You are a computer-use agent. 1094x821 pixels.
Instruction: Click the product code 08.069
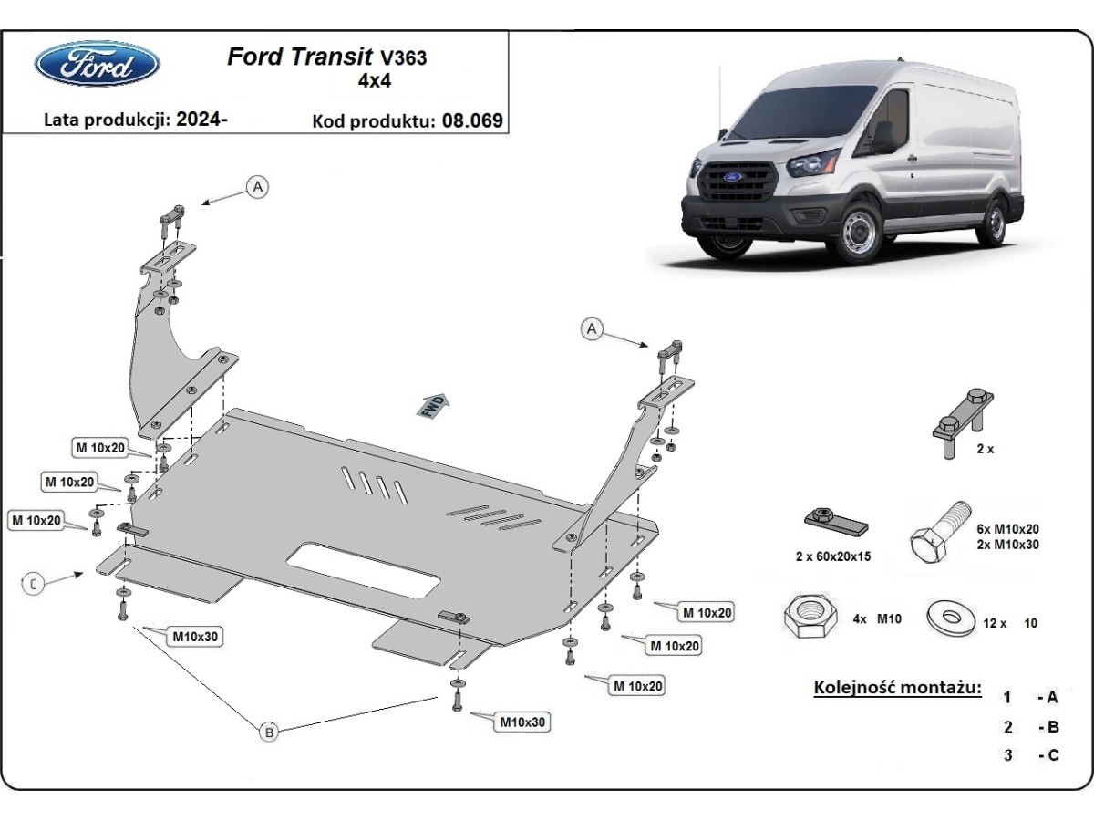[471, 120]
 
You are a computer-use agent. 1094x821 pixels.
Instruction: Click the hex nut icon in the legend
[808, 618]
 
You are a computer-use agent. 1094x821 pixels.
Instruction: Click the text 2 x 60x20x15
[834, 556]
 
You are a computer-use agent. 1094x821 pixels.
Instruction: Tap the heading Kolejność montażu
[897, 686]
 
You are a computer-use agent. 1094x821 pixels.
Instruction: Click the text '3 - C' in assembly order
[1030, 754]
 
